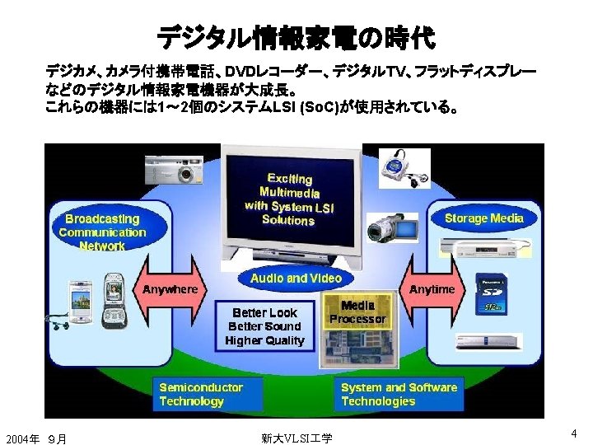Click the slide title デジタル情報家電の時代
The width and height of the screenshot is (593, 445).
click(x=296, y=36)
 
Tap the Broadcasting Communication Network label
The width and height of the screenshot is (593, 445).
click(x=102, y=232)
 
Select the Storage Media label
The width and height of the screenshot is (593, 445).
click(x=483, y=218)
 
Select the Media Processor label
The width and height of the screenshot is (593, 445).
click(x=357, y=311)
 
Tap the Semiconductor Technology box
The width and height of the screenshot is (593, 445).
click(x=201, y=394)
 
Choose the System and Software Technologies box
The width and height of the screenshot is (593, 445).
click(x=399, y=394)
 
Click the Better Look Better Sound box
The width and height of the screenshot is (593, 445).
click(x=264, y=326)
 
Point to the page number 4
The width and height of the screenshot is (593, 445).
click(x=573, y=433)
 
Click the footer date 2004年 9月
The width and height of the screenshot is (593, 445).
click(x=36, y=438)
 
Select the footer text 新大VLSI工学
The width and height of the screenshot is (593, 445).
click(x=296, y=438)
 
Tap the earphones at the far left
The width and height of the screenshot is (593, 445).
click(x=60, y=321)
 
